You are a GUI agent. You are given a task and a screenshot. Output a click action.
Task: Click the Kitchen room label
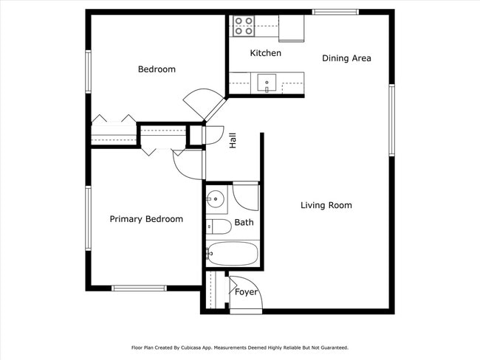[x=265, y=53]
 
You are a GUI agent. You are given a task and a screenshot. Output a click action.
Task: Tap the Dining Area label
[x=346, y=58]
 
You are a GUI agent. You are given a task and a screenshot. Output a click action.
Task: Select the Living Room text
[x=326, y=205]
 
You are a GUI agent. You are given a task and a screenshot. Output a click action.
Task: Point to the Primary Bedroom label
[x=146, y=219]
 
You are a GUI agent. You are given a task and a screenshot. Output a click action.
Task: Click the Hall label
[x=233, y=141]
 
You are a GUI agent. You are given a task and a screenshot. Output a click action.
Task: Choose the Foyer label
[x=246, y=292]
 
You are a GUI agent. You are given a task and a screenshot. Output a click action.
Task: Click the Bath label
[x=244, y=222]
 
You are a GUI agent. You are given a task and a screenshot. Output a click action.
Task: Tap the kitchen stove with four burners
[x=243, y=27]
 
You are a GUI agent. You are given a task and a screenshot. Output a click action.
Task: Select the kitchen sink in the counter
[x=266, y=82]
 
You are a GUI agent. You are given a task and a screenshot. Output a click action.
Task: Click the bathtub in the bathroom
[x=233, y=255]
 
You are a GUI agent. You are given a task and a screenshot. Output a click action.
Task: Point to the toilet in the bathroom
[x=217, y=226]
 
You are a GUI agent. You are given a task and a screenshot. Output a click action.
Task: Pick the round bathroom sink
[x=215, y=198]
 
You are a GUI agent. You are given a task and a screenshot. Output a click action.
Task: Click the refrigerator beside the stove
[x=292, y=27]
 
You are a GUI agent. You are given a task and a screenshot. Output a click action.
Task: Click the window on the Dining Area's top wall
[x=335, y=12]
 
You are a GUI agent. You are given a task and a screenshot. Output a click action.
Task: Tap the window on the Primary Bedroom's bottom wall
[x=139, y=288]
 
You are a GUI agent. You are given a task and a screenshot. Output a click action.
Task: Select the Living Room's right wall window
[x=392, y=120]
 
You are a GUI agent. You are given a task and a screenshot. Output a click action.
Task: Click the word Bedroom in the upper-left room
[x=157, y=69]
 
